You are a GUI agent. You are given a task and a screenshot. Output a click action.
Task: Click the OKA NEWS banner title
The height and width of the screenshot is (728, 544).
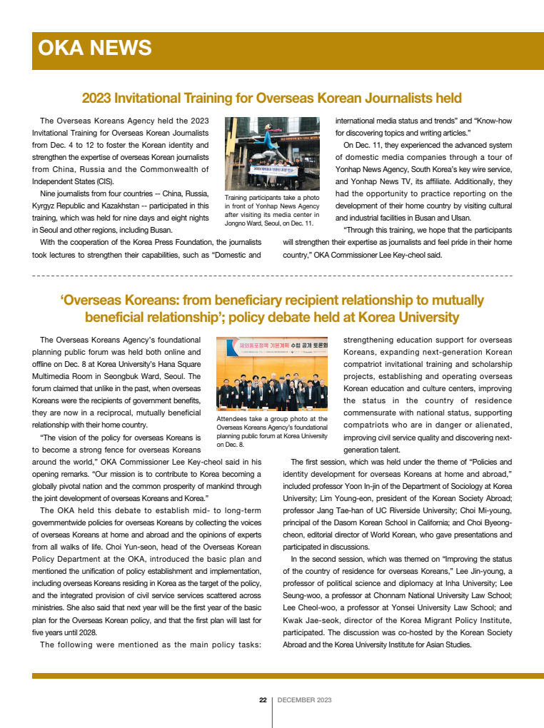(x=94, y=48)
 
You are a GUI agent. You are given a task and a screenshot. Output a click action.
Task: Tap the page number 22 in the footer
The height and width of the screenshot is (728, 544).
(x=263, y=700)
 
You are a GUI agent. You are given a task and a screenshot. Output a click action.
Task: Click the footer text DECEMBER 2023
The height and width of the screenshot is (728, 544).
(x=304, y=700)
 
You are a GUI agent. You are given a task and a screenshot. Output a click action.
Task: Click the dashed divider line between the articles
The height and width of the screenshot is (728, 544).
(x=272, y=275)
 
